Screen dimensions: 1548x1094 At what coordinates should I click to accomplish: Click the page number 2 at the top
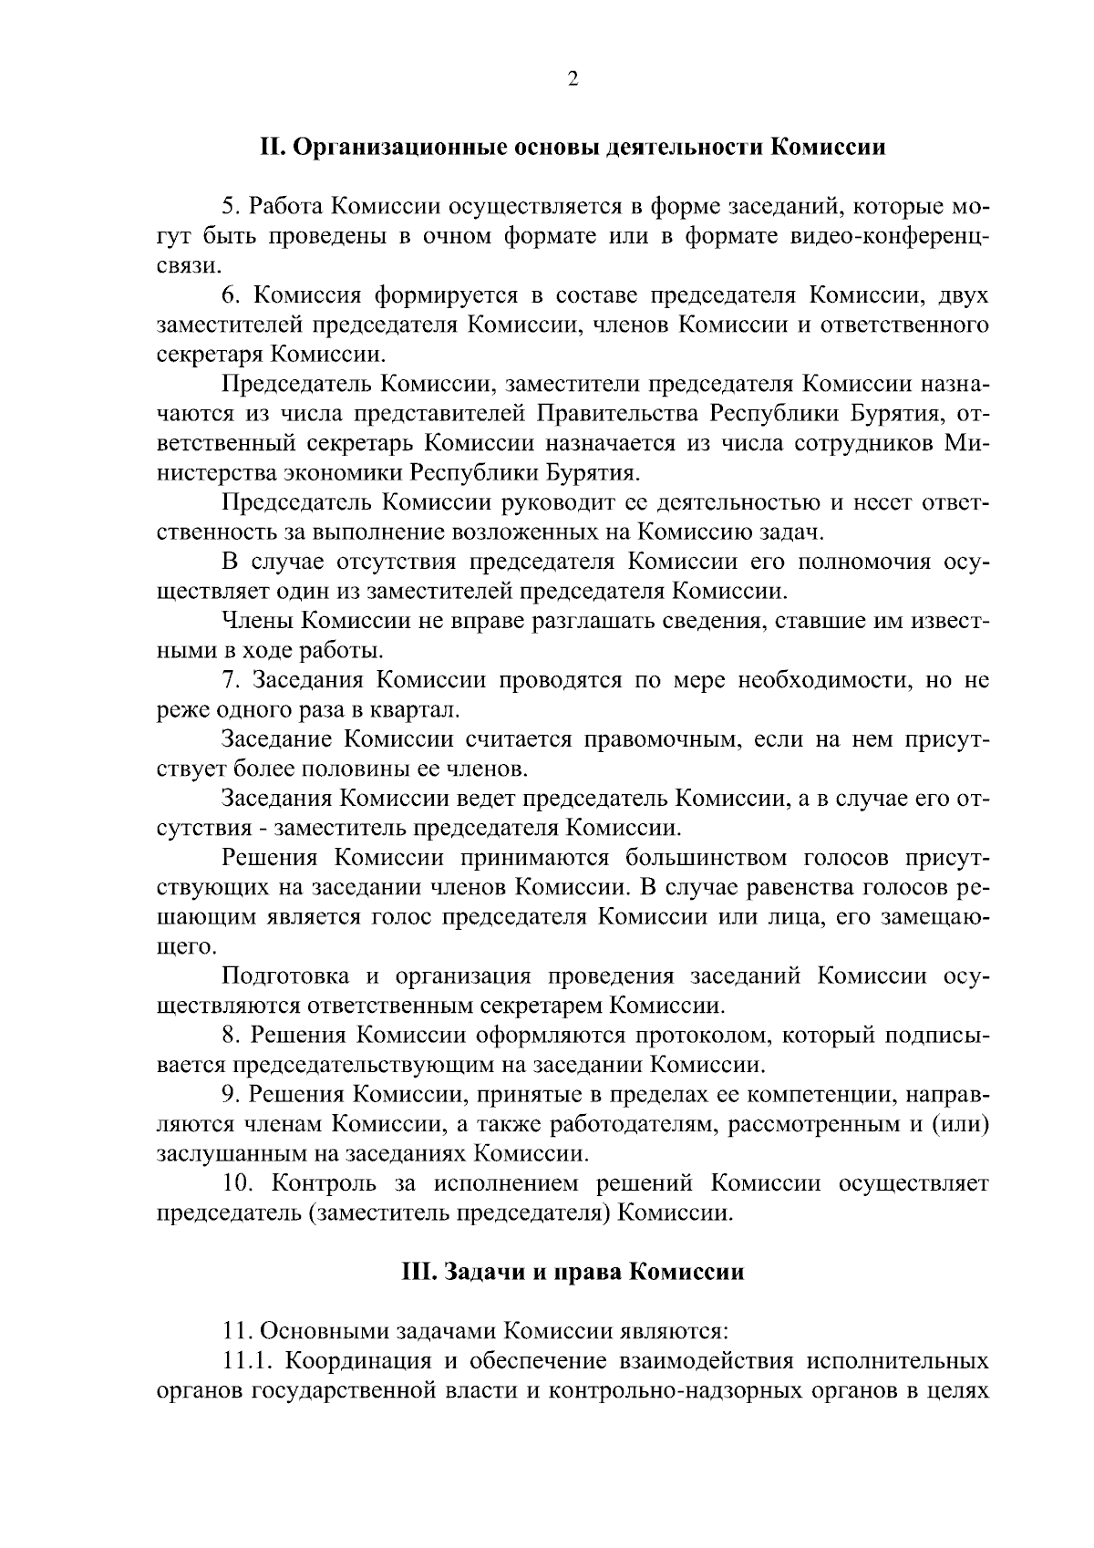click(573, 79)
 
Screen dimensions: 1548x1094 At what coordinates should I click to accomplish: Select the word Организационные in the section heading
click(394, 147)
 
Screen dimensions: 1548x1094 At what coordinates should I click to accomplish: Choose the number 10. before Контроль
click(240, 1183)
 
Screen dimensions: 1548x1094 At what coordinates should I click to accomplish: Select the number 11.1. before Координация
click(249, 1362)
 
